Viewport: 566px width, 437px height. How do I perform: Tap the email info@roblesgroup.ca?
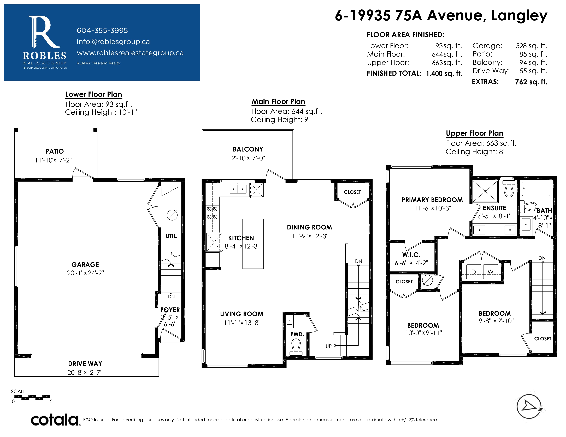pyautogui.click(x=113, y=42)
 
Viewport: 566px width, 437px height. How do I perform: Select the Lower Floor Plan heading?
pyautogui.click(x=93, y=94)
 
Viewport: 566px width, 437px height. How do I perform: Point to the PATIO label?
pyautogui.click(x=55, y=151)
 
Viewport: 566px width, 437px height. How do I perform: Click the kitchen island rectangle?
pyautogui.click(x=253, y=244)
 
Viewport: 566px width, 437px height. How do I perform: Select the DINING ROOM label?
pyautogui.click(x=309, y=227)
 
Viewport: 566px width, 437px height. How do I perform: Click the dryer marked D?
pyautogui.click(x=474, y=272)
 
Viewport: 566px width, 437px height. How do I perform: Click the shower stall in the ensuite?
pyautogui.click(x=485, y=191)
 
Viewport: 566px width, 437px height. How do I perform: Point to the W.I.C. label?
pyautogui.click(x=411, y=254)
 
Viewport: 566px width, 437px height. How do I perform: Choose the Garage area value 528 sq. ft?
pyautogui.click(x=532, y=46)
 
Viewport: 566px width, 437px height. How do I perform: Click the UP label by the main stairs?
pyautogui.click(x=329, y=346)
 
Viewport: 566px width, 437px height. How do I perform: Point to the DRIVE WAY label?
pyautogui.click(x=85, y=363)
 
